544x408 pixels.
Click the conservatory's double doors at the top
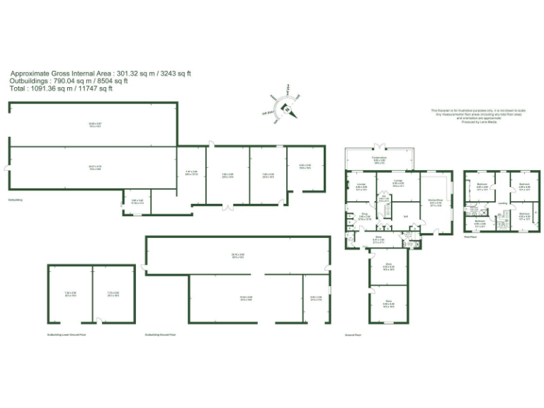pos(379,145)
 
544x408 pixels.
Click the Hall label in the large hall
pos(406,216)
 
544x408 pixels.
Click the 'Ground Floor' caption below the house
pos(353,334)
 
